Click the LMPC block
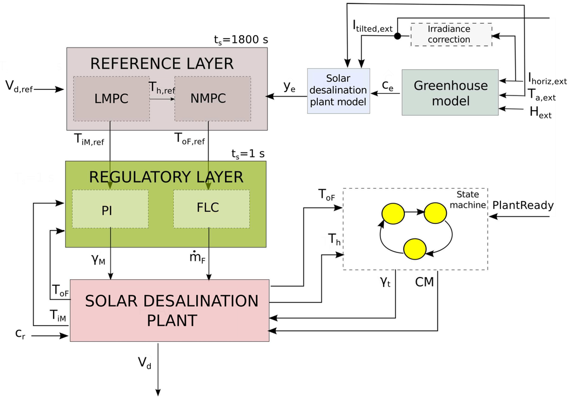[x=111, y=98]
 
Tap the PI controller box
[x=110, y=208]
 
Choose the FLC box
[x=211, y=208]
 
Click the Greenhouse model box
[x=450, y=93]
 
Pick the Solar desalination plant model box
[x=339, y=90]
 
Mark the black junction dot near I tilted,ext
[x=397, y=36]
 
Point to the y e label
[x=289, y=86]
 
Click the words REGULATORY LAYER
[x=166, y=177]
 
